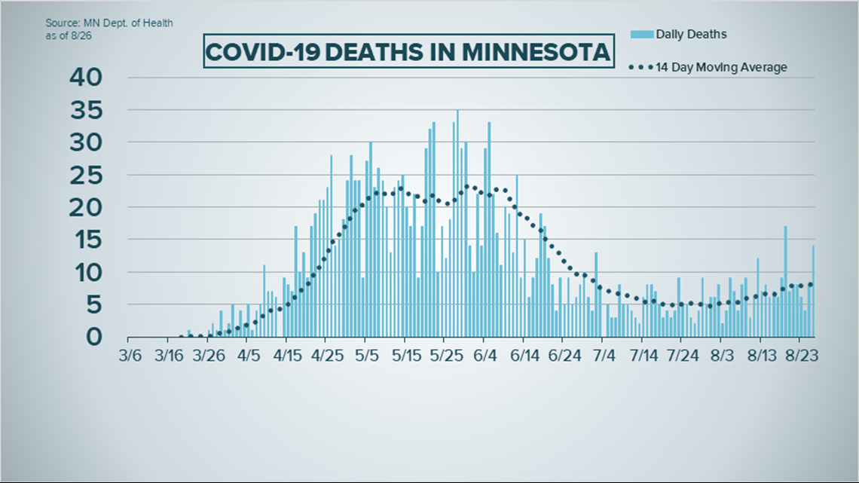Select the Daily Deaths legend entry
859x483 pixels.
tap(690, 34)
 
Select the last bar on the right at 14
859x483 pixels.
tap(813, 292)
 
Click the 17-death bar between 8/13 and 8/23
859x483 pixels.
tap(785, 283)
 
